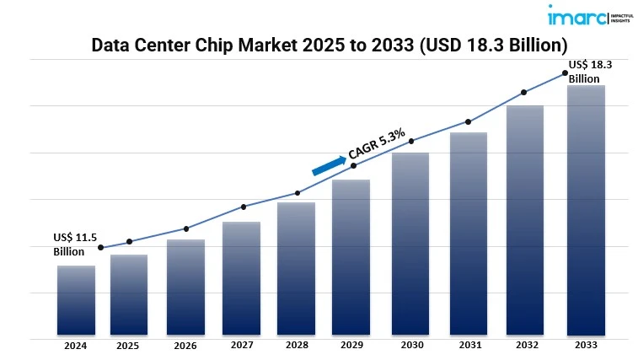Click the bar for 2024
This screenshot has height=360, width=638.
[76, 301]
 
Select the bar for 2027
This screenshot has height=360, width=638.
[241, 279]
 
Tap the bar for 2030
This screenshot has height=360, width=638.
[410, 244]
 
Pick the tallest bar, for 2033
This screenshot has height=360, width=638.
[585, 211]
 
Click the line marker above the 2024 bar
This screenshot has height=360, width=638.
[101, 248]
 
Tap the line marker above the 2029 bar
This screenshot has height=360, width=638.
[353, 165]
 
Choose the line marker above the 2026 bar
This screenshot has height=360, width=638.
[186, 228]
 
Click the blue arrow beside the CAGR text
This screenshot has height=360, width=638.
[329, 164]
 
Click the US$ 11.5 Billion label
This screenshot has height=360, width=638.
[71, 244]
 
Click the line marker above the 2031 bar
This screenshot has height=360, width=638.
[467, 121]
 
